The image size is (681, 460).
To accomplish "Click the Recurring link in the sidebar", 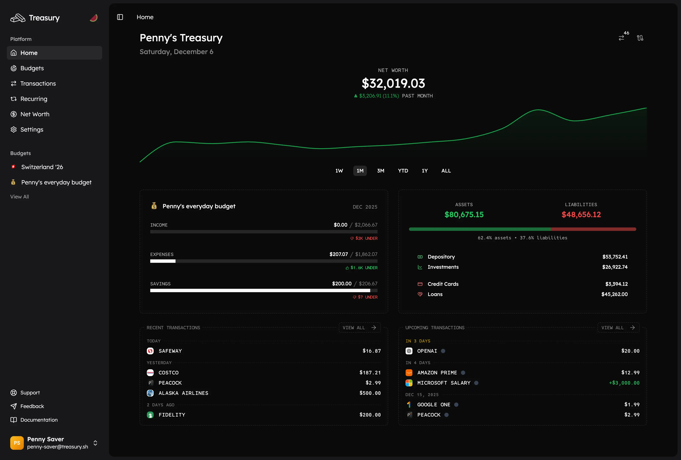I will point(33,99).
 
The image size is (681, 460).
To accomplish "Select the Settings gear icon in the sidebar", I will point(13,129).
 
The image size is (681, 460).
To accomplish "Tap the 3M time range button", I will point(380,171).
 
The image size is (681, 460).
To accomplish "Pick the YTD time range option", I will point(403,171).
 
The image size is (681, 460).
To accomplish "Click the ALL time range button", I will point(446,171).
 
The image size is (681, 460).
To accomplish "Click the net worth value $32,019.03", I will point(393,83).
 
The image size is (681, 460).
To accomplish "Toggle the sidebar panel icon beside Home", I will point(120,17).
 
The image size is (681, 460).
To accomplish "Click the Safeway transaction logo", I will point(150,351).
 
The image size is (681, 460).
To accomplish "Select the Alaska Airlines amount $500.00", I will point(370,393).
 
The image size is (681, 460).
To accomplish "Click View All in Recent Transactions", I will point(359,328).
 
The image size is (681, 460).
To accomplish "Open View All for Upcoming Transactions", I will point(618,328).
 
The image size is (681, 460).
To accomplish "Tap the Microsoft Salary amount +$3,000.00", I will point(624,383).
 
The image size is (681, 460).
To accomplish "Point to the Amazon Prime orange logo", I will point(409,373).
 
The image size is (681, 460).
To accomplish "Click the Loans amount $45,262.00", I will point(614,294).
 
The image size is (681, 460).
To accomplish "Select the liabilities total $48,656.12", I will point(581,215).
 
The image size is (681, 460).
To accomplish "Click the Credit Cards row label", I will point(443,284).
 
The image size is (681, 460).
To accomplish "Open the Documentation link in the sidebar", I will point(39,420).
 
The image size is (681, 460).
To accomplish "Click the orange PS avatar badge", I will point(17,443).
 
